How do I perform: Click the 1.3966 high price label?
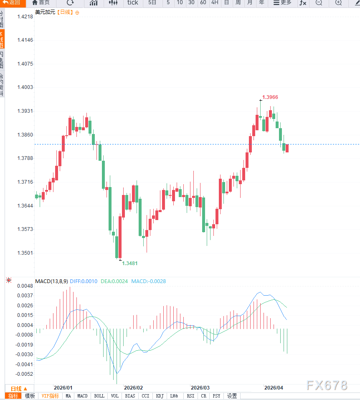pos(270,97)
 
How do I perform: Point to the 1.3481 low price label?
pos(129,263)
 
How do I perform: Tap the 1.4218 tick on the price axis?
pos(25,17)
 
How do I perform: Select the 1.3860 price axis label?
pos(25,135)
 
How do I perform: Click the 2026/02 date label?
pos(133,387)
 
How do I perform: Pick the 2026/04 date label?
pos(274,387)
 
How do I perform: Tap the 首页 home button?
pos(41,3)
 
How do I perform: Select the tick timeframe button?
pos(132,3)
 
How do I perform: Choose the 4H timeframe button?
pos(215,3)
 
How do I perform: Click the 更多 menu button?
pos(282,3)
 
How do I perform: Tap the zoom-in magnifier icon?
pos(338,3)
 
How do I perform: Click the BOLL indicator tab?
pos(99,396)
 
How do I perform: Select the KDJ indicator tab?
pos(160,396)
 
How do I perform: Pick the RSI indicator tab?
pos(190,396)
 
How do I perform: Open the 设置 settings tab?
pos(232,396)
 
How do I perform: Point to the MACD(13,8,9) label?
pos(51,281)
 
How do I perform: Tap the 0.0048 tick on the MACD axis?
pos(25,286)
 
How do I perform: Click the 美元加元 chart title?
pos(45,13)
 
